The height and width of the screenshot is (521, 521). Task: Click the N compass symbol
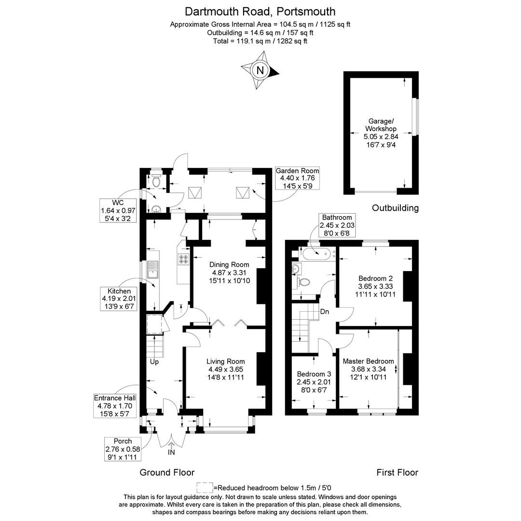[260, 70]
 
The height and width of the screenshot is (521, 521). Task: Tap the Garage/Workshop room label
[381, 133]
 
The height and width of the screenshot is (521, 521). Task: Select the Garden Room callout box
[297, 178]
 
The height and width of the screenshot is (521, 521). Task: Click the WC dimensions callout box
[118, 211]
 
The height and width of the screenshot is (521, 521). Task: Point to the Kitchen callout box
[119, 299]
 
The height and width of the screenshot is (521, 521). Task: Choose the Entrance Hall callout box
[115, 406]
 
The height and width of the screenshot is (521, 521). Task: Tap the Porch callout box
[123, 449]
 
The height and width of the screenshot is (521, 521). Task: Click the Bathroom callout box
[337, 225]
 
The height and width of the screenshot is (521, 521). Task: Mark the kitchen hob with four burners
[184, 259]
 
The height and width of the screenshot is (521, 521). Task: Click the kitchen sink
[153, 270]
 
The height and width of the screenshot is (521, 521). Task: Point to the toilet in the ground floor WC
[156, 180]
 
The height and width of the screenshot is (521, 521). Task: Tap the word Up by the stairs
[154, 361]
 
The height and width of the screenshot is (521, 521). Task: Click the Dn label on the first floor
[325, 312]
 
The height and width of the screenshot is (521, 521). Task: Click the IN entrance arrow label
[171, 452]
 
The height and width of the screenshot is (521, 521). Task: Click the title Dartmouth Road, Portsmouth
[260, 12]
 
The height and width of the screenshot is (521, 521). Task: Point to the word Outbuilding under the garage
[396, 208]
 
